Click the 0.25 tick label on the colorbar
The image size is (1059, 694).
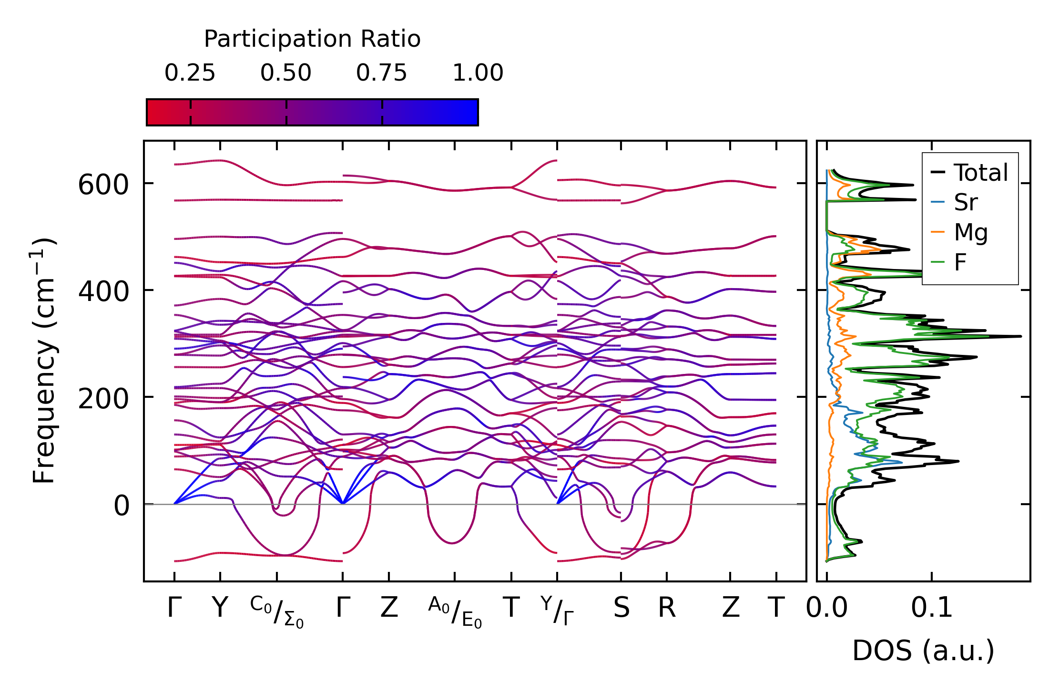[x=190, y=73]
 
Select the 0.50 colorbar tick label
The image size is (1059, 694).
[x=285, y=73]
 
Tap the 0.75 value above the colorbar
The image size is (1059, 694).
[x=381, y=73]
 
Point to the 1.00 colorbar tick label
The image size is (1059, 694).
[x=478, y=73]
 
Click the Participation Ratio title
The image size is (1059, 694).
[x=312, y=39]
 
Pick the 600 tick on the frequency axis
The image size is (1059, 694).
[x=103, y=185]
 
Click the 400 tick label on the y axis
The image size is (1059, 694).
[x=103, y=291]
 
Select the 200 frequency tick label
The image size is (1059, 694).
[x=103, y=398]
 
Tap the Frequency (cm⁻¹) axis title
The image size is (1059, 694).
[x=44, y=361]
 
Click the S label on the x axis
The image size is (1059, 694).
[x=621, y=608]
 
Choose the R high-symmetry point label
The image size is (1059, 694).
[x=667, y=608]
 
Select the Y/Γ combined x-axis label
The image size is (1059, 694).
[x=557, y=611]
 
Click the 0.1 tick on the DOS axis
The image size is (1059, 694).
[x=932, y=608]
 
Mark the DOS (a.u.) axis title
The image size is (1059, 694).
[x=923, y=651]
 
